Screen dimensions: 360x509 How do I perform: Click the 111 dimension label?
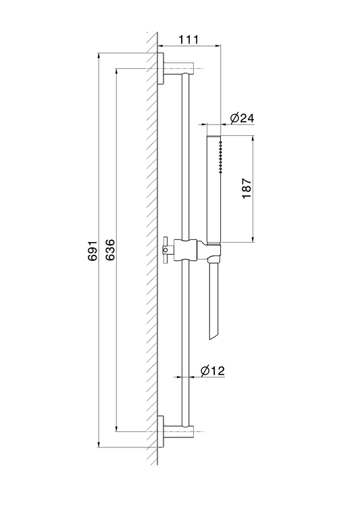[x=188, y=40]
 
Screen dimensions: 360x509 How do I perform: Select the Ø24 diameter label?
[x=242, y=118]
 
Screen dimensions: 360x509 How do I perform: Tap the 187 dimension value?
[x=247, y=189]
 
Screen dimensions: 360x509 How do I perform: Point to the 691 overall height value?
[x=93, y=250]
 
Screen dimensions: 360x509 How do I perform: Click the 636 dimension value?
[x=110, y=249]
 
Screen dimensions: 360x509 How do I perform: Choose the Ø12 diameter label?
[x=213, y=370]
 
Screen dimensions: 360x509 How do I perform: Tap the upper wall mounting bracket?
[x=176, y=68]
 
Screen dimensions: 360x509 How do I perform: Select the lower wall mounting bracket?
[x=176, y=431]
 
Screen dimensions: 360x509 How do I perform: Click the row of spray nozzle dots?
[x=221, y=157]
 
